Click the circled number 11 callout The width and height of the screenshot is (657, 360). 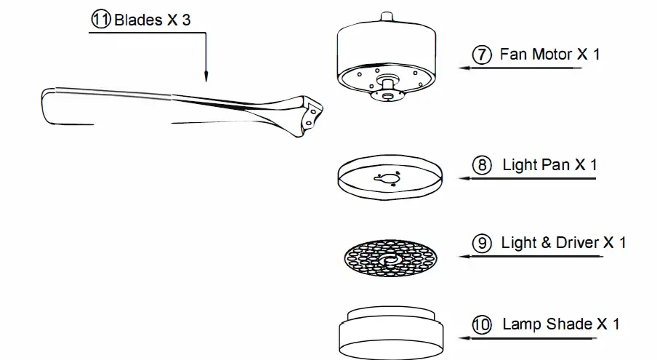pyautogui.click(x=101, y=20)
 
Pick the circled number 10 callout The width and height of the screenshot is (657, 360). pyautogui.click(x=481, y=324)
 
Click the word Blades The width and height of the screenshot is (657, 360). pyautogui.click(x=138, y=20)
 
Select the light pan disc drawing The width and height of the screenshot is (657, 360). pyautogui.click(x=391, y=177)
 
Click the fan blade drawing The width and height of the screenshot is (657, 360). pyautogui.click(x=182, y=109)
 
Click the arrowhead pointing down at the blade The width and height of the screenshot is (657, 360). pyautogui.click(x=206, y=76)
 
